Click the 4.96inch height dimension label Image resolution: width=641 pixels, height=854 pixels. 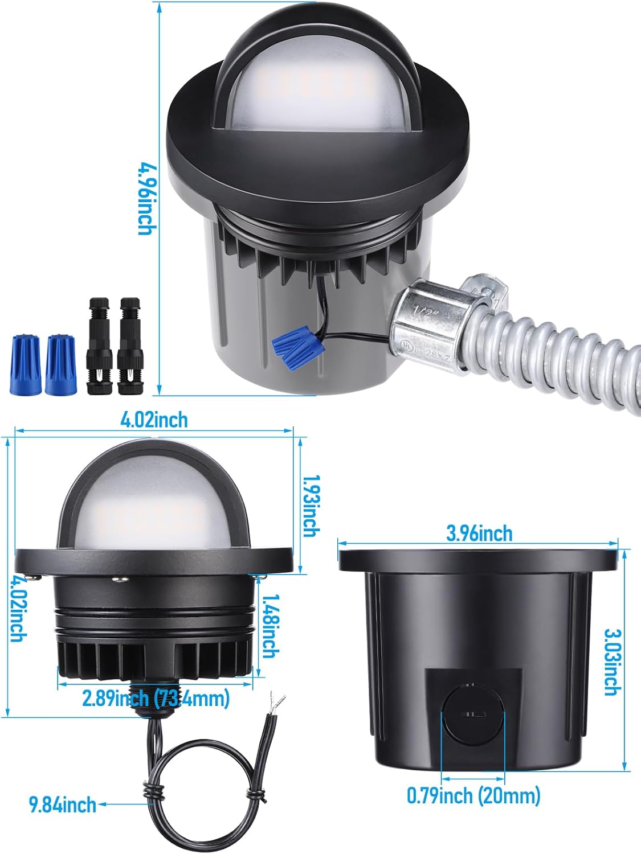pyautogui.click(x=147, y=198)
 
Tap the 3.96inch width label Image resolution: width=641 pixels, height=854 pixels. pyautogui.click(x=479, y=533)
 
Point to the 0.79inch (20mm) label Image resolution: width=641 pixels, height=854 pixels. pyautogui.click(x=473, y=795)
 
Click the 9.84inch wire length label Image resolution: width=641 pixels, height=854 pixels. pyautogui.click(x=63, y=804)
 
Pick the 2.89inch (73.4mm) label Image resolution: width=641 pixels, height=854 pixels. pyautogui.click(x=156, y=698)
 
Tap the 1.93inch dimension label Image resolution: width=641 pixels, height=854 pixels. pyautogui.click(x=309, y=506)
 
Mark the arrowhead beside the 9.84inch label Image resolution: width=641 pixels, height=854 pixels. pyautogui.click(x=103, y=804)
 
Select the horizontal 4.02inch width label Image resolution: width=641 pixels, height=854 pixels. pyautogui.click(x=154, y=420)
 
